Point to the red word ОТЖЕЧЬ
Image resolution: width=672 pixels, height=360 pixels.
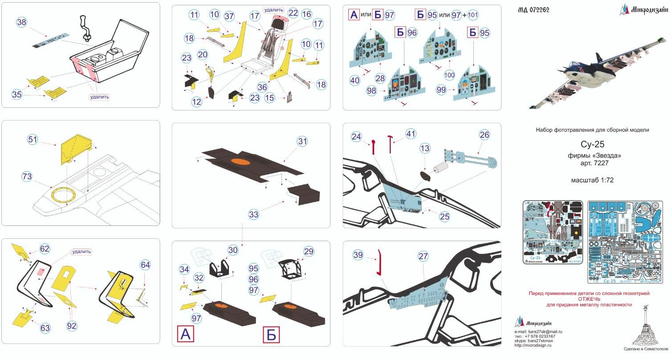589,299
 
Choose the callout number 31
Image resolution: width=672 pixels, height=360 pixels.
303,142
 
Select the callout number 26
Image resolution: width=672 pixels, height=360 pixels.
485,135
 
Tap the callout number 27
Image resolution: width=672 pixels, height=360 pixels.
423,256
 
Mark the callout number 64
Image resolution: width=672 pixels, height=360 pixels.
145,265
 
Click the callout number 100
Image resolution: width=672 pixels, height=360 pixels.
449,75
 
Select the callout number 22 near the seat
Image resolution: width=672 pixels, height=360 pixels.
293,13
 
